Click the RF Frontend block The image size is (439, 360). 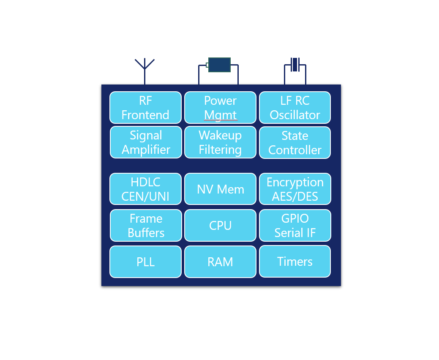click(145, 108)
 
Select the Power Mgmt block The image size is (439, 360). click(220, 108)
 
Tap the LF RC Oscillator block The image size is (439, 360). click(294, 108)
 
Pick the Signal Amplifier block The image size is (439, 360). click(146, 142)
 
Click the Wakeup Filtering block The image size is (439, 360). click(220, 142)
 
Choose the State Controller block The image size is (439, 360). click(294, 143)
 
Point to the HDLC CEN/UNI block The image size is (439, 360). click(146, 189)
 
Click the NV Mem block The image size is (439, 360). click(220, 189)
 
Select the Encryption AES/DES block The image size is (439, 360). click(294, 189)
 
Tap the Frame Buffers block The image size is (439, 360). click(146, 226)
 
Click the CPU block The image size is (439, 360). click(220, 226)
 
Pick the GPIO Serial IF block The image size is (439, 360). click(294, 226)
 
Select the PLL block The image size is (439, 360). click(146, 262)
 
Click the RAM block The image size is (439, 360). click(220, 262)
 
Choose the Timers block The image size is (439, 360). click(294, 262)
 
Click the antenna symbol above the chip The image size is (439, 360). click(145, 68)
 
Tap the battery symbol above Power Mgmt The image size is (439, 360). click(219, 65)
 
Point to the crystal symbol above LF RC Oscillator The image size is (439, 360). click(295, 65)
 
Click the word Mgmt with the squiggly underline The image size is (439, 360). click(220, 115)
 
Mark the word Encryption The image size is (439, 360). click(295, 183)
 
